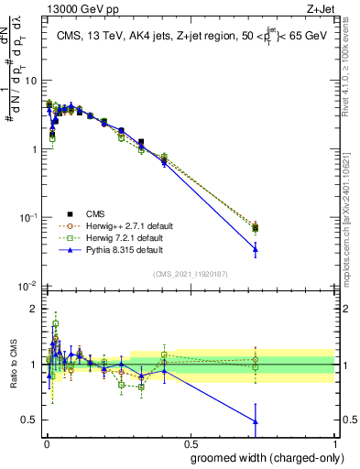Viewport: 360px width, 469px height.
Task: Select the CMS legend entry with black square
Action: tap(108, 213)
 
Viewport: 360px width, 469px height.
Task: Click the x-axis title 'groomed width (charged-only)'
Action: tap(261, 457)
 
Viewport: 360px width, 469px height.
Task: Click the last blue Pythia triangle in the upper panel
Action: tap(256, 248)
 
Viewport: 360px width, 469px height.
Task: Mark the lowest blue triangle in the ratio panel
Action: tap(256, 421)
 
